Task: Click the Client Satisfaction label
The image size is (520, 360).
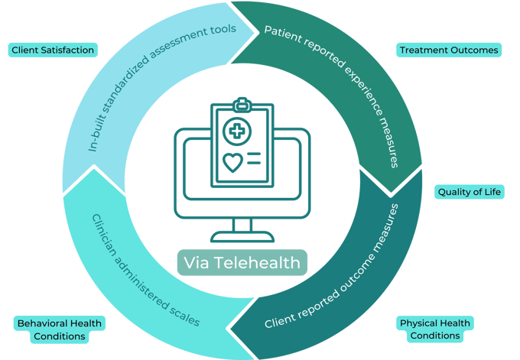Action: [53, 50]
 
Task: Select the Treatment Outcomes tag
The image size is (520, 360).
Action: [449, 50]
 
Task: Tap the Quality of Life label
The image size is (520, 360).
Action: [470, 192]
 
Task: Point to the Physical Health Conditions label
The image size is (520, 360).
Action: [435, 329]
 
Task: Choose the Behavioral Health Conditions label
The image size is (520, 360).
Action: [60, 329]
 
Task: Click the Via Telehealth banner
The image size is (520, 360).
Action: [242, 262]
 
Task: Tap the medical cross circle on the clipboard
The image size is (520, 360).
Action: [237, 131]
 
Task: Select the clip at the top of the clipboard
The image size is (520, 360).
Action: [242, 105]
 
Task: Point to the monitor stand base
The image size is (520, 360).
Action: [242, 237]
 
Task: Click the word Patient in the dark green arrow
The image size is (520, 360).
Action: [282, 34]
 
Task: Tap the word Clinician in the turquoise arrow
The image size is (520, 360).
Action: [104, 235]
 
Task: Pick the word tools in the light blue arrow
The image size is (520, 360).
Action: [223, 30]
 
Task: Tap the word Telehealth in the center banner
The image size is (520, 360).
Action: [257, 262]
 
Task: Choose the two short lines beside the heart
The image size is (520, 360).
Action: [254, 158]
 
